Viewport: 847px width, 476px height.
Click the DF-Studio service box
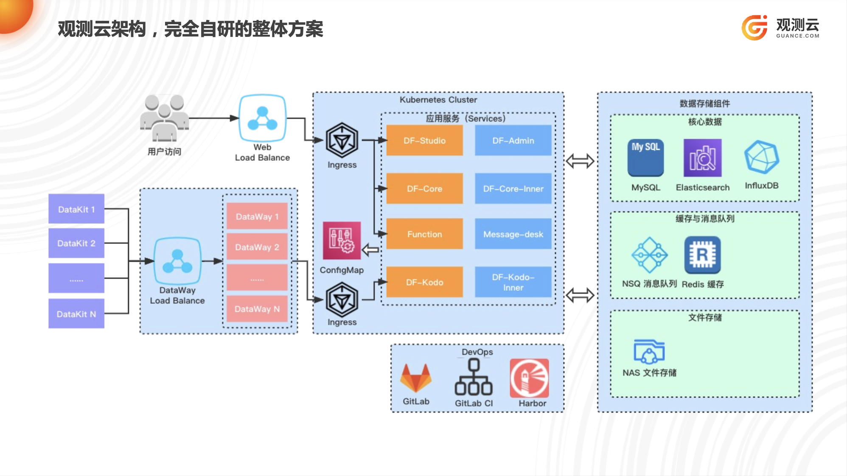tap(424, 140)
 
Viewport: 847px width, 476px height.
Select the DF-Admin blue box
tap(513, 140)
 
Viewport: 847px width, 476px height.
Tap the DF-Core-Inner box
tap(513, 188)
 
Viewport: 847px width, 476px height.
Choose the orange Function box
tap(424, 234)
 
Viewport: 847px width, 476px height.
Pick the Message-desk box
tap(513, 234)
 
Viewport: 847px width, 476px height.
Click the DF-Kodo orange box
tap(424, 282)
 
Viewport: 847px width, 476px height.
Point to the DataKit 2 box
tap(76, 243)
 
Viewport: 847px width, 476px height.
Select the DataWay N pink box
tap(257, 309)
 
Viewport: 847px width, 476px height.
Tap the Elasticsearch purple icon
tap(702, 158)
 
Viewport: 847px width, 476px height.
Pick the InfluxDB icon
tap(762, 157)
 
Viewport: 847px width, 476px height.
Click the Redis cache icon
tap(702, 255)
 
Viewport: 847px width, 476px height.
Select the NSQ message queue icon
tap(649, 255)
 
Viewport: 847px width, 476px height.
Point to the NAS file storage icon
tap(649, 351)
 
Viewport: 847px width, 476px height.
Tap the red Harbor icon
tap(529, 378)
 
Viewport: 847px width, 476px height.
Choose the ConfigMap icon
tap(342, 241)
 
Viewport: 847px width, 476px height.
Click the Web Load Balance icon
tap(262, 118)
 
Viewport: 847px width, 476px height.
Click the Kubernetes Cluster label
tap(438, 100)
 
